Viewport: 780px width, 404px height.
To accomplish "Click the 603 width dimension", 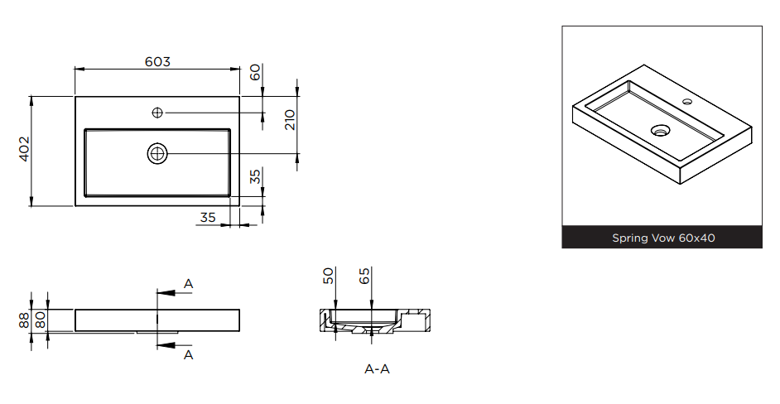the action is pyautogui.click(x=157, y=62).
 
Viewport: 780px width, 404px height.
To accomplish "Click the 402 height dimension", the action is pyautogui.click(x=25, y=149).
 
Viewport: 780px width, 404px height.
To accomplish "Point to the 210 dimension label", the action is pyautogui.click(x=290, y=120).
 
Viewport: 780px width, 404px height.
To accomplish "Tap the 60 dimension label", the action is pyautogui.click(x=255, y=72).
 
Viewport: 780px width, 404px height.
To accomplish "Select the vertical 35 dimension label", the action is pyautogui.click(x=255, y=176).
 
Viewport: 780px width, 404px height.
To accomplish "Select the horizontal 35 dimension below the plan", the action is pyautogui.click(x=208, y=218).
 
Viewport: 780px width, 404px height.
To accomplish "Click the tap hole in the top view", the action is pyautogui.click(x=157, y=113).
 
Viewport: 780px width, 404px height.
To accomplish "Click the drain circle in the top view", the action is pyautogui.click(x=157, y=154).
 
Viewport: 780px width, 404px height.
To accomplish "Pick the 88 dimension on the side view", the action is pyautogui.click(x=24, y=320).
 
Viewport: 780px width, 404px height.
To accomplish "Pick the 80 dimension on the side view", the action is pyautogui.click(x=41, y=320).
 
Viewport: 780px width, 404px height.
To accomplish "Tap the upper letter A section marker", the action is pyautogui.click(x=188, y=284).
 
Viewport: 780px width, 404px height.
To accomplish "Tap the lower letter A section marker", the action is pyautogui.click(x=188, y=355).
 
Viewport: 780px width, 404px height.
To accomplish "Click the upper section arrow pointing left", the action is pyautogui.click(x=174, y=292).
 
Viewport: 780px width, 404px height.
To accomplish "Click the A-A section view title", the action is pyautogui.click(x=377, y=369).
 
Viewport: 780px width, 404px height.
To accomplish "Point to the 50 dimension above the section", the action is pyautogui.click(x=329, y=276).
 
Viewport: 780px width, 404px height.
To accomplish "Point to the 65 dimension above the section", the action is pyautogui.click(x=364, y=276).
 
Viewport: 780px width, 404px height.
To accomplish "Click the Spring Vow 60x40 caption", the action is pyautogui.click(x=663, y=238).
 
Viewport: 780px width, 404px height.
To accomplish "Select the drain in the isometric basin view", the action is pyautogui.click(x=661, y=130).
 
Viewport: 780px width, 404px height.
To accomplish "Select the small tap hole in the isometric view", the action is pyautogui.click(x=687, y=102).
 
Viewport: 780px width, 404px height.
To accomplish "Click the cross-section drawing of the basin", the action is pyautogui.click(x=374, y=321).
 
